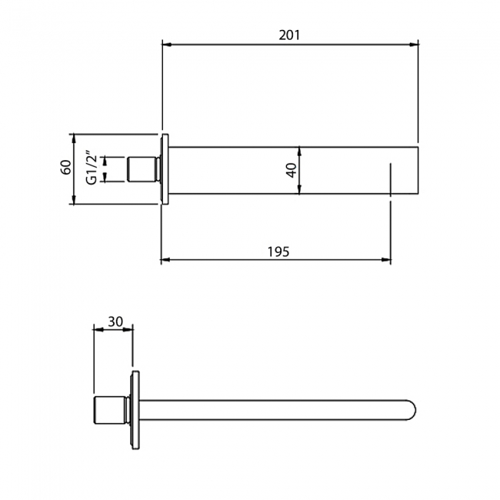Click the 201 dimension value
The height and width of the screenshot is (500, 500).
[x=289, y=35]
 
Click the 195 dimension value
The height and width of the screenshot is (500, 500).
[x=278, y=252]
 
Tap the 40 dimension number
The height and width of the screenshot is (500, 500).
[x=292, y=170]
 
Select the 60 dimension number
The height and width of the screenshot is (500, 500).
[x=65, y=167]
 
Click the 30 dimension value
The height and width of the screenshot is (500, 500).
[x=115, y=322]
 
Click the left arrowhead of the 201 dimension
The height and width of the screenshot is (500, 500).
[x=167, y=45]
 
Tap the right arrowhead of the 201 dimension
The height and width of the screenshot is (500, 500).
[x=413, y=45]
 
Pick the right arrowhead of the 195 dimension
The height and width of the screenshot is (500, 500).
[x=386, y=260]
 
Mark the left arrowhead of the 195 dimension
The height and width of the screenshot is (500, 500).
[x=165, y=260]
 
